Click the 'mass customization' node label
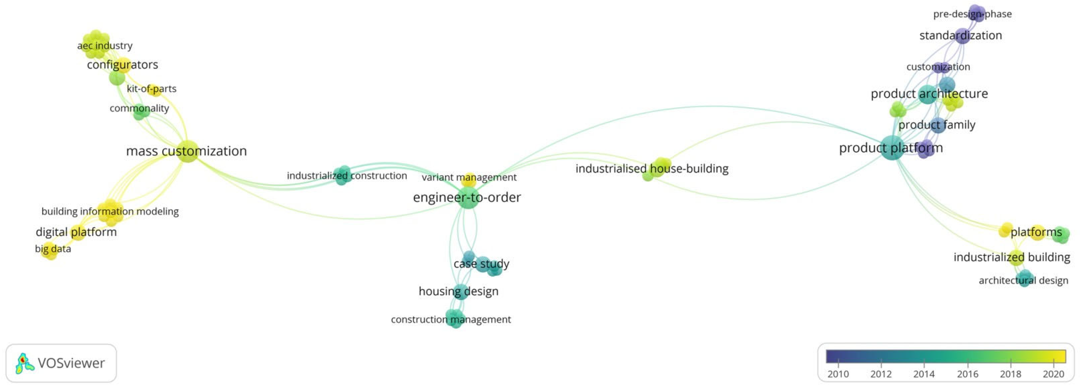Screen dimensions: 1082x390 click(186, 151)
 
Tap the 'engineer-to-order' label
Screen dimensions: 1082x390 click(467, 197)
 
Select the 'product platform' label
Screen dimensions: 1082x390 click(890, 148)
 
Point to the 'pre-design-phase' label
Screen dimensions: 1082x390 click(972, 14)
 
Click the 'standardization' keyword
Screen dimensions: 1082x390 click(960, 35)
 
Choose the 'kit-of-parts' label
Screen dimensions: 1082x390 click(151, 89)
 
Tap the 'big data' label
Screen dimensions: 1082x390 click(53, 249)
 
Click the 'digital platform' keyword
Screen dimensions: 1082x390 click(76, 232)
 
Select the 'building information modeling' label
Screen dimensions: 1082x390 click(110, 211)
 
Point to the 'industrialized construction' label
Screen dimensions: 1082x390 click(347, 176)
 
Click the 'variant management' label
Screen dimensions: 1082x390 click(469, 177)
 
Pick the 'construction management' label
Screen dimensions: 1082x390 click(451, 319)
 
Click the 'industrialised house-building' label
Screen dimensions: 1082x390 click(651, 168)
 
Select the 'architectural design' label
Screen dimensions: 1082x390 click(1023, 280)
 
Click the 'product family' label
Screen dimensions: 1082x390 click(936, 125)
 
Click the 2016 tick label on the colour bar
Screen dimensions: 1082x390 click(967, 374)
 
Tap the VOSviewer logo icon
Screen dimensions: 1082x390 click(24, 363)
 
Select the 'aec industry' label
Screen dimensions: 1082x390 click(105, 45)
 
